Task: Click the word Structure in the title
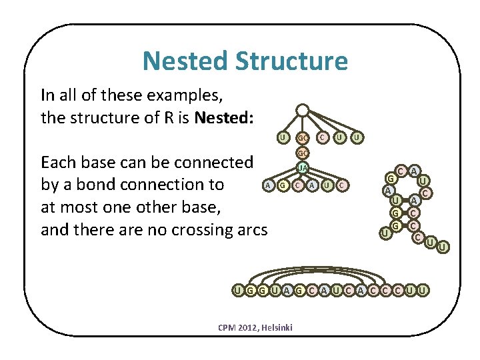click(x=291, y=61)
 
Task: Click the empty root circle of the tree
click(x=302, y=109)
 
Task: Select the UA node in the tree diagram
click(x=302, y=167)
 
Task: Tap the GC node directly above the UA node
click(x=302, y=153)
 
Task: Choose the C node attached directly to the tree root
click(x=321, y=138)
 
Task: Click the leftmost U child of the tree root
click(x=283, y=138)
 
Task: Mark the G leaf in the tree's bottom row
click(x=283, y=185)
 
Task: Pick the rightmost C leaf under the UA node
click(x=341, y=185)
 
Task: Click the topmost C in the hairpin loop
click(x=402, y=171)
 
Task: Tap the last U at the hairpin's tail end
click(x=443, y=247)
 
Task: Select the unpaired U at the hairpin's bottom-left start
click(x=384, y=233)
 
